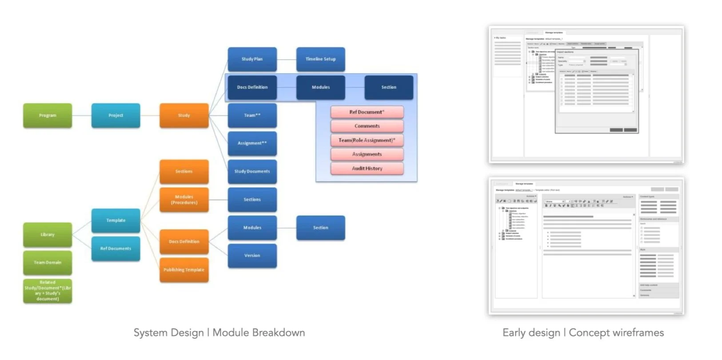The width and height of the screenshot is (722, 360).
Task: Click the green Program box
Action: [48, 116]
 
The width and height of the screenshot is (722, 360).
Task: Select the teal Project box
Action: [116, 116]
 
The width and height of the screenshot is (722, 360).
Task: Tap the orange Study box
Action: [184, 116]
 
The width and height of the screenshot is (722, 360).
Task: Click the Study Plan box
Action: [252, 59]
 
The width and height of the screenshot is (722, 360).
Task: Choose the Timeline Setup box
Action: [320, 59]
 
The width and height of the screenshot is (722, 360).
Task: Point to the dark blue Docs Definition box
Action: [252, 87]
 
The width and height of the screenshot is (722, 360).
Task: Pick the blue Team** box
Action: [252, 116]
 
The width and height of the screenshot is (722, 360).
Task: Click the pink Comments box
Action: [367, 126]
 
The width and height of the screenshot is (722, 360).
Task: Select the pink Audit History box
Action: [367, 168]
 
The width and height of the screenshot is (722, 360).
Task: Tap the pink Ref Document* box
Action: [367, 112]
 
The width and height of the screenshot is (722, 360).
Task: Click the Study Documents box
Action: [252, 172]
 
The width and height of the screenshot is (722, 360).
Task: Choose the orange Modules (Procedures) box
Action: [184, 200]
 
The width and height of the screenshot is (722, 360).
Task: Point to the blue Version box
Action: [252, 256]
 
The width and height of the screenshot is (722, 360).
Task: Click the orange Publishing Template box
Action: [184, 270]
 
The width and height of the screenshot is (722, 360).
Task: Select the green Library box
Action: [48, 235]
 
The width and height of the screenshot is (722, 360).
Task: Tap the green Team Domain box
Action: [48, 263]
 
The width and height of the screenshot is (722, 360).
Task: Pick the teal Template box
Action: [116, 220]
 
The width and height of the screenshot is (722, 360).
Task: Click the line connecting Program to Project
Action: [82, 116]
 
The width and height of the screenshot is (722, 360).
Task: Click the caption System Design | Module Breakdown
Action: [219, 333]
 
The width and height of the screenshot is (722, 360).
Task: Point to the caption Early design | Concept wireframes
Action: [583, 333]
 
